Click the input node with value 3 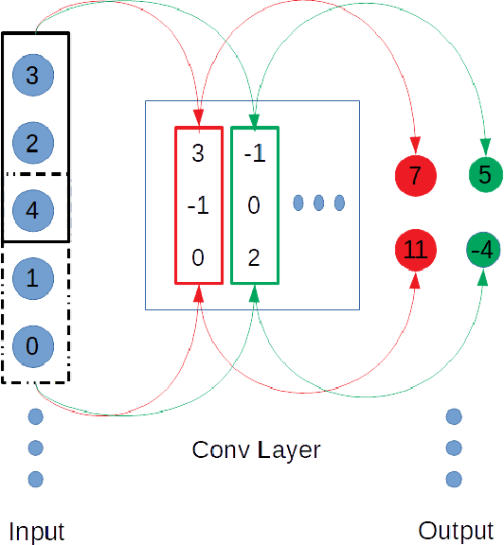[x=32, y=76]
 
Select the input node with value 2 [x=32, y=144]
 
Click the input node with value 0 [x=32, y=346]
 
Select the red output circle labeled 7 [x=415, y=174]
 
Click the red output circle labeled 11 [x=415, y=251]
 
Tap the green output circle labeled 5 [x=485, y=174]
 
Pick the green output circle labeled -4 [x=485, y=251]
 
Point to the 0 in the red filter [x=198, y=255]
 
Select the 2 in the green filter [x=254, y=255]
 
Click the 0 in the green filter [x=254, y=204]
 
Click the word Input [x=37, y=530]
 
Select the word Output [x=456, y=530]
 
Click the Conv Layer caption [x=256, y=448]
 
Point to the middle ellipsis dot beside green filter [x=319, y=202]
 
